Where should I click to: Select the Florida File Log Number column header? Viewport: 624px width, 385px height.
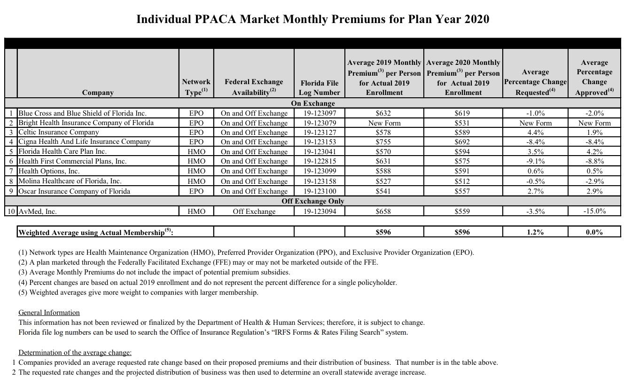(319, 87)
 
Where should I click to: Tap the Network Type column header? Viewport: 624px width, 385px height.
(196, 87)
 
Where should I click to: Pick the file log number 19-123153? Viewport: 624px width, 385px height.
(319, 141)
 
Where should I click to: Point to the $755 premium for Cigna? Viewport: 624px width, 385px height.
(383, 141)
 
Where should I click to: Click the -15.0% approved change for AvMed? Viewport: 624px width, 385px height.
(594, 211)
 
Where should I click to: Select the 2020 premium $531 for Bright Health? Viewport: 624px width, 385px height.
(462, 123)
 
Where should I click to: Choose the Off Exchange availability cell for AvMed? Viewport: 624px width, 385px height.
(254, 212)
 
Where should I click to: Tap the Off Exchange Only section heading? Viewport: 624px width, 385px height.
(312, 201)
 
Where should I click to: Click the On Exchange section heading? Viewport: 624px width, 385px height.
(312, 103)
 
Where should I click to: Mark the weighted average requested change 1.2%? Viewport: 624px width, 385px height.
(535, 232)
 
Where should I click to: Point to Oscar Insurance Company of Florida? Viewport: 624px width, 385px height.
(74, 191)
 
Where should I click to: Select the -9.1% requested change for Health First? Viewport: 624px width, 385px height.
(535, 161)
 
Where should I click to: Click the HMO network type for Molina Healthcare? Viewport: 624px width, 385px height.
(196, 181)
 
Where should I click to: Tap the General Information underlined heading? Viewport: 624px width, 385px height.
(49, 313)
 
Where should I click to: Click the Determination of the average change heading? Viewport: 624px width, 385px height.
(75, 353)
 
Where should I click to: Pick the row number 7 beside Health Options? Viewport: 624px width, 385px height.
(11, 171)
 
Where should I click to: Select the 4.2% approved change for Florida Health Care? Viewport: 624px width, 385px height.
(594, 152)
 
